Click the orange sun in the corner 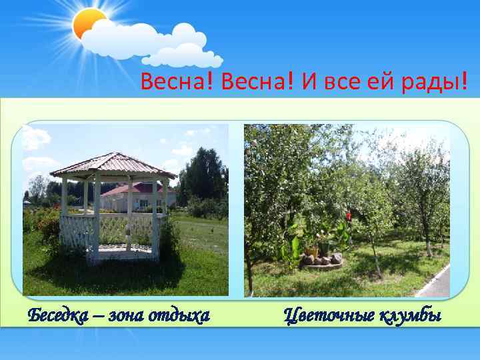pos(88,25)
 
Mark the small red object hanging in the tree pos(348,215)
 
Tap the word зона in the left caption pos(128,315)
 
